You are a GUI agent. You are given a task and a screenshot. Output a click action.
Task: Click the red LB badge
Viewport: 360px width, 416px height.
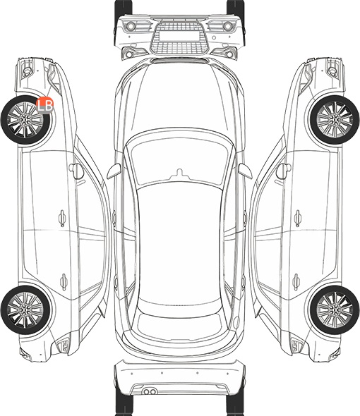click(x=45, y=105)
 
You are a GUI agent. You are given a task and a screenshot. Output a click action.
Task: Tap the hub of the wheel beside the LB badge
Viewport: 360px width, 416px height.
click(x=25, y=120)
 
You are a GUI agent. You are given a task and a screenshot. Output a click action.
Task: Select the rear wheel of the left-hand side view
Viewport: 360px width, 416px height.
click(x=25, y=310)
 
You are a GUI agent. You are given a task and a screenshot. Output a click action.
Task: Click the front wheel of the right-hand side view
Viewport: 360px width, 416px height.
click(x=335, y=120)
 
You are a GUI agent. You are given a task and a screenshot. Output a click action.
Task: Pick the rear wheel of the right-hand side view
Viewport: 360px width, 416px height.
click(x=335, y=310)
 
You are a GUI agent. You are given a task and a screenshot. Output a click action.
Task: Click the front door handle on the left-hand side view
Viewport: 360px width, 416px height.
click(x=62, y=218)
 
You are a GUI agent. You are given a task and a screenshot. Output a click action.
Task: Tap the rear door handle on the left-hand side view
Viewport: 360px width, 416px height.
click(x=64, y=281)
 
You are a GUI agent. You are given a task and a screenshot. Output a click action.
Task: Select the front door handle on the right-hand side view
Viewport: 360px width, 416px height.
click(x=298, y=218)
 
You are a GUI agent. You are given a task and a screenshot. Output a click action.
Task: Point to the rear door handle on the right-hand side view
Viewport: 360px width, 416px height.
click(x=296, y=281)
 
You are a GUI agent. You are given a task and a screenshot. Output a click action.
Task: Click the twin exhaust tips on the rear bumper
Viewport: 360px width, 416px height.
click(x=150, y=391)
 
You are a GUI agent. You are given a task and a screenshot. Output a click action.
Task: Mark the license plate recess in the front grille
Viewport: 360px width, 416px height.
click(x=179, y=36)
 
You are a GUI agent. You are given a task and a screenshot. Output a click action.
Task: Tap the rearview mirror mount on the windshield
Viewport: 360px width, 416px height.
click(x=180, y=173)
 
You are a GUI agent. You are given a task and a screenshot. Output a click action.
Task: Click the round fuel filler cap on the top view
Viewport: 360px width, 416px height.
click(x=236, y=322)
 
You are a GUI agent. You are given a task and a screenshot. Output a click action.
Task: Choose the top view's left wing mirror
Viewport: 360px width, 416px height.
click(x=114, y=171)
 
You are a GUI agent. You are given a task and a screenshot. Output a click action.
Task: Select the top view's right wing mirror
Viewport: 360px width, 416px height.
click(x=245, y=171)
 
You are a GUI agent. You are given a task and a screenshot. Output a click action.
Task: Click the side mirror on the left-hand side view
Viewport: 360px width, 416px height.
click(x=76, y=171)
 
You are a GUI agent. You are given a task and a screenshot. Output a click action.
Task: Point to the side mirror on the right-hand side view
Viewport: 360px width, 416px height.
click(x=284, y=171)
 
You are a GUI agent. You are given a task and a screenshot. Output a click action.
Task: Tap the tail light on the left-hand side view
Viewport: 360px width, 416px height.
click(x=64, y=345)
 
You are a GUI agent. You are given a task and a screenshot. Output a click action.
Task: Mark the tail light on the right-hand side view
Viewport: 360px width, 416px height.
click(x=296, y=345)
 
